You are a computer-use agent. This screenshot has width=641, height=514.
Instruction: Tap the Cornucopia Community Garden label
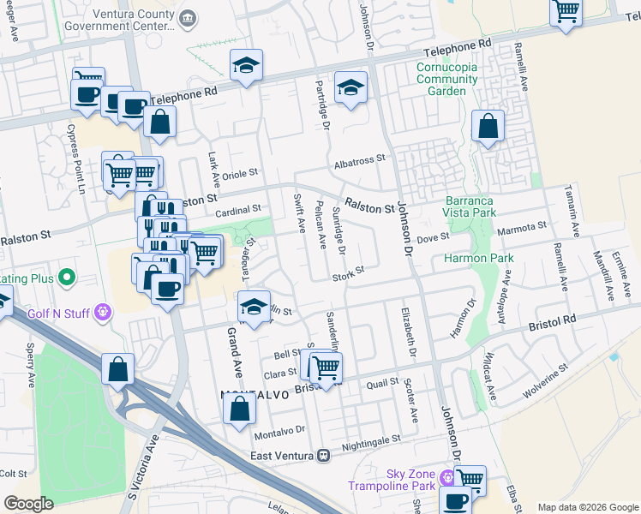[446, 80]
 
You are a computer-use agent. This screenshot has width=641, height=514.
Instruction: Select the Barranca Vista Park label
[470, 206]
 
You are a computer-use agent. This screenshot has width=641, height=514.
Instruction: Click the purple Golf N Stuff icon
[104, 312]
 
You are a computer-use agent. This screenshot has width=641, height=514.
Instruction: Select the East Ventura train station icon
[323, 456]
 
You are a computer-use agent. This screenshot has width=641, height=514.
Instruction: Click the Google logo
[28, 504]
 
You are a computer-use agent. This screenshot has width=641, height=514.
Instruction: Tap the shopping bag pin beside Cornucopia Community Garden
[488, 128]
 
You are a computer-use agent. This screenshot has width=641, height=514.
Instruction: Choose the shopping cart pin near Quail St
[325, 368]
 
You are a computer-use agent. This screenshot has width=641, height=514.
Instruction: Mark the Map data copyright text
[588, 507]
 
